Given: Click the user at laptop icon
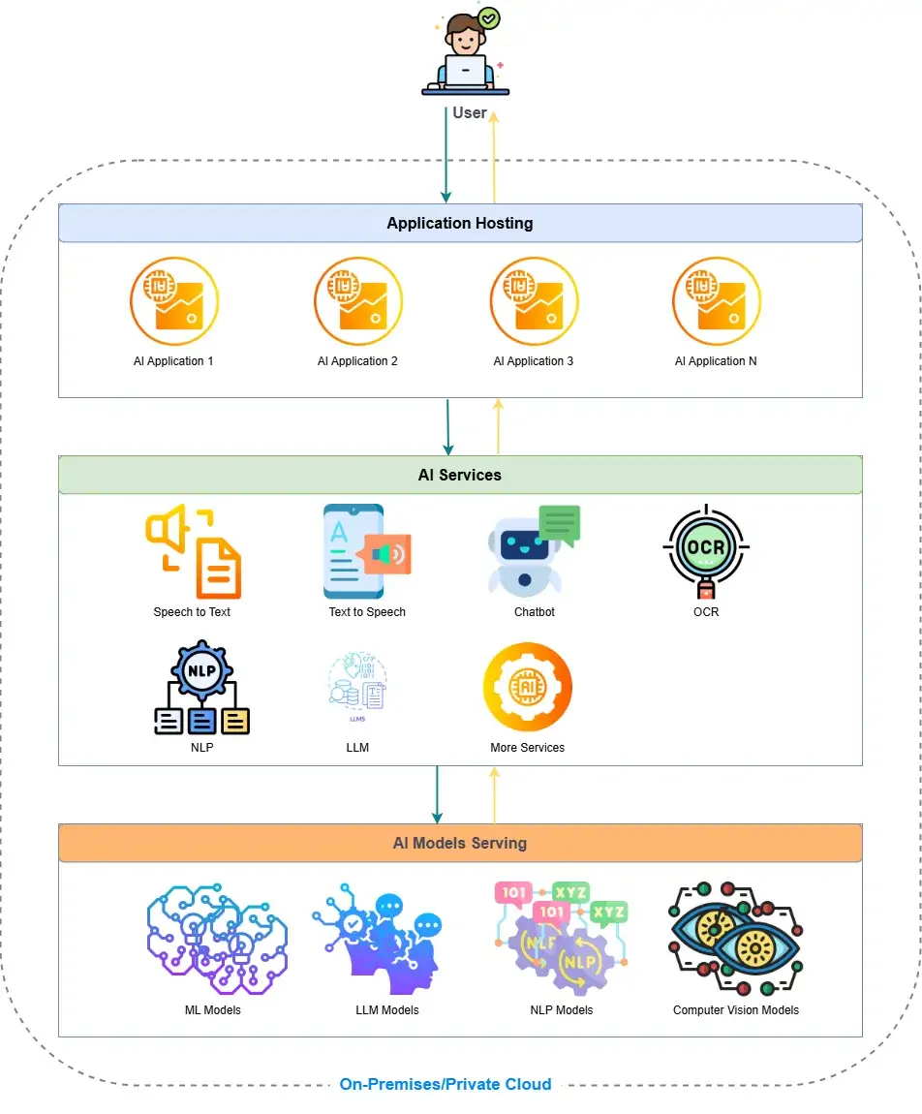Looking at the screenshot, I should [x=465, y=56].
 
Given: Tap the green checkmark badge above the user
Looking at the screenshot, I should [x=490, y=18].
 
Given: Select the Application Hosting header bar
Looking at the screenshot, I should [x=460, y=223].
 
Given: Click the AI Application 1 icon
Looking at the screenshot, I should [x=174, y=300].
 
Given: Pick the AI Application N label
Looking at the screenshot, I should [x=716, y=361].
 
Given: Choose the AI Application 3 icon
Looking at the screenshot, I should [x=534, y=300].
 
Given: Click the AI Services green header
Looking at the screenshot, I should [x=460, y=475].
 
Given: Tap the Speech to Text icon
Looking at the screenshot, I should [x=193, y=552].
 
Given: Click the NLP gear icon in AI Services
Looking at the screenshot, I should [x=202, y=687].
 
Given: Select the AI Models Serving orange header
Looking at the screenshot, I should [x=460, y=843].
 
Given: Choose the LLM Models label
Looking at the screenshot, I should [x=387, y=1009].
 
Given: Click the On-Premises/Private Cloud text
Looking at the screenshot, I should [x=446, y=1084].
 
